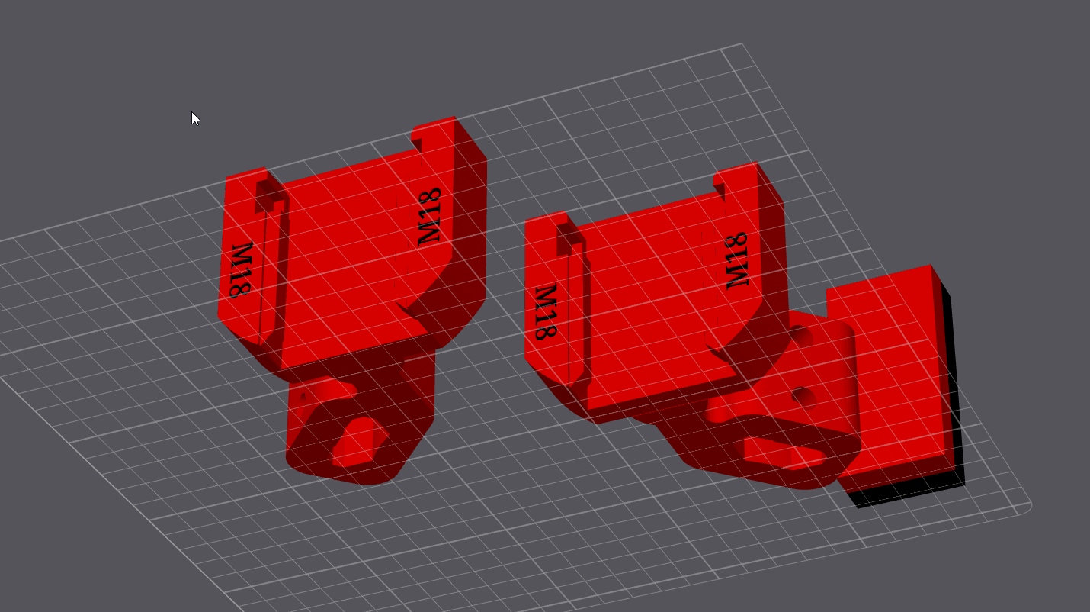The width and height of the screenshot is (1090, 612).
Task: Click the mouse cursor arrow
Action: [x=195, y=118]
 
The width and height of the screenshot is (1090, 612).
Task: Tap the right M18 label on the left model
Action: [x=430, y=216]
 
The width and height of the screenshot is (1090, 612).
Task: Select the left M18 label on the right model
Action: [x=544, y=312]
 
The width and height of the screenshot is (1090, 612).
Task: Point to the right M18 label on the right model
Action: [x=737, y=260]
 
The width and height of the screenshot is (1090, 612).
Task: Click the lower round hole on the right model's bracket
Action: [x=802, y=396]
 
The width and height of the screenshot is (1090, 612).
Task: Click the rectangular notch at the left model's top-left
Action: [x=269, y=195]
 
